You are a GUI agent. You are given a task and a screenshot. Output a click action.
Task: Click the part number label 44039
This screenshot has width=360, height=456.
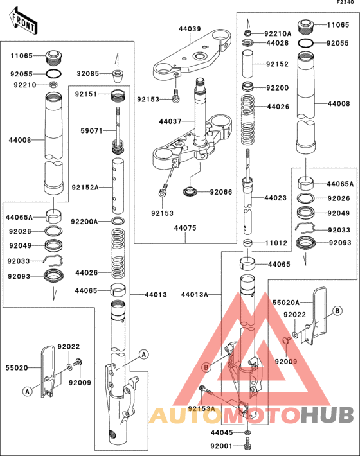(x=190, y=29)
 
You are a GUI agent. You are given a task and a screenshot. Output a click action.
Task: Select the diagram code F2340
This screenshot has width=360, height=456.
(x=346, y=3)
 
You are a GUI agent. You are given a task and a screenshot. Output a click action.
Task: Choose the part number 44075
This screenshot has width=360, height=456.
(x=186, y=227)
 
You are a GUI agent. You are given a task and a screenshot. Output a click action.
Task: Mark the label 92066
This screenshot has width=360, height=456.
(x=221, y=191)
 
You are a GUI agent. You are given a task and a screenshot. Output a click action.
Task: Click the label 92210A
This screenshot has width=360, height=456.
(x=278, y=33)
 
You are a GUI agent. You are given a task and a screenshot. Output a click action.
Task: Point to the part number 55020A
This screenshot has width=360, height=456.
(x=285, y=301)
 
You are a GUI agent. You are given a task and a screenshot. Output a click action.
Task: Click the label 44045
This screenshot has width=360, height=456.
(x=223, y=434)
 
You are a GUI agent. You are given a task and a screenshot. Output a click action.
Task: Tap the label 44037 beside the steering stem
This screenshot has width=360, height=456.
(x=172, y=121)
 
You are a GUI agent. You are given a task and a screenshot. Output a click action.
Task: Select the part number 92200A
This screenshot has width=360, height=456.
(x=85, y=222)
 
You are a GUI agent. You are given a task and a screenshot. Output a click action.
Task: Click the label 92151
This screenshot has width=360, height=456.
(x=85, y=94)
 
